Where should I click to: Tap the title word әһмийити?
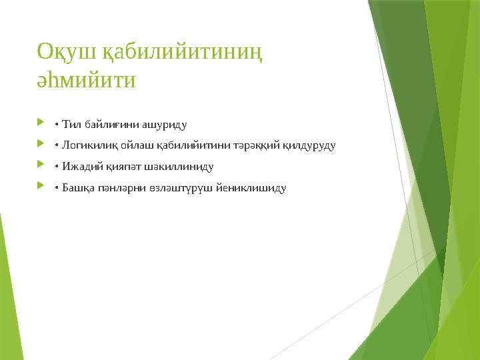[x=86, y=81]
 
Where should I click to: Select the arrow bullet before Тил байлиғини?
[x=41, y=123]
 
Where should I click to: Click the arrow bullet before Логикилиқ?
[x=41, y=145]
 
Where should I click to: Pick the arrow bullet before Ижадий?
[x=41, y=166]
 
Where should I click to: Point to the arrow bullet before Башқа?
[x=41, y=187]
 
